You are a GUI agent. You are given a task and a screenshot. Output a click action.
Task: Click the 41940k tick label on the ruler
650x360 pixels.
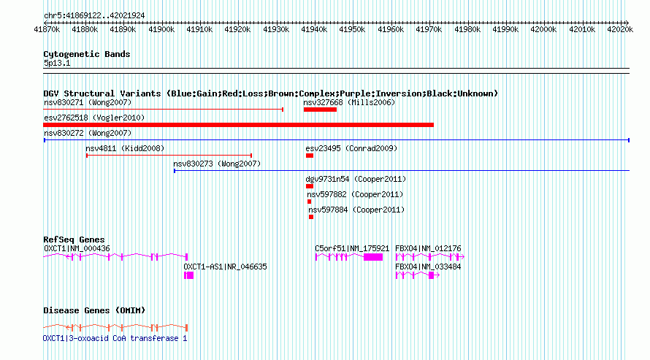(x=314, y=29)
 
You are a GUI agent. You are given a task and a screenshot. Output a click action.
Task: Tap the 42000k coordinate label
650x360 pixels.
(x=543, y=29)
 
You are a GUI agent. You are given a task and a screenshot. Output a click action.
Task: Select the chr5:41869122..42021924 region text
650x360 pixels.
(x=94, y=16)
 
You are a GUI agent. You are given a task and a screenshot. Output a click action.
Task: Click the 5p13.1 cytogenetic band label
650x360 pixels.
(x=57, y=63)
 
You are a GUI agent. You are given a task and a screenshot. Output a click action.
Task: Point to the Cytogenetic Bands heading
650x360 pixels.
(x=87, y=54)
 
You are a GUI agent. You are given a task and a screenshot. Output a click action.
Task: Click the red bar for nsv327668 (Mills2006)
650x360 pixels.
(x=320, y=110)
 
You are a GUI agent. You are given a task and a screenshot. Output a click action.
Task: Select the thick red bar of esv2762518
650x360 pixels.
(x=238, y=125)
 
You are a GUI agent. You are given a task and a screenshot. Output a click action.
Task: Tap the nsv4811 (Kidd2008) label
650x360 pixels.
(x=125, y=148)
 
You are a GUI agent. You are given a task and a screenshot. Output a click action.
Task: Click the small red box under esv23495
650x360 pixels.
(x=310, y=156)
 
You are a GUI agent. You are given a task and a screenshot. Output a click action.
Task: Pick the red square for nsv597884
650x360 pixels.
(x=311, y=217)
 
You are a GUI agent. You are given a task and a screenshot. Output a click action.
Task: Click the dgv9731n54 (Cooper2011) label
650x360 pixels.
(x=356, y=179)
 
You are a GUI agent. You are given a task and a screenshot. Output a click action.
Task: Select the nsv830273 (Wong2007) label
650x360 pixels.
(x=217, y=164)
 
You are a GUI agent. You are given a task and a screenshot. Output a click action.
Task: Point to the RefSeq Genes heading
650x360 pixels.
(x=74, y=240)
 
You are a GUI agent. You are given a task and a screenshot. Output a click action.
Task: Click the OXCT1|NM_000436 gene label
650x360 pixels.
(x=77, y=248)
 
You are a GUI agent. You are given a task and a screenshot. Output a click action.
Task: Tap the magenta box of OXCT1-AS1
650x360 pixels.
(x=188, y=275)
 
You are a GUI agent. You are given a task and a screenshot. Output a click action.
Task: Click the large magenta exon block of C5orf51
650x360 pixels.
(x=373, y=257)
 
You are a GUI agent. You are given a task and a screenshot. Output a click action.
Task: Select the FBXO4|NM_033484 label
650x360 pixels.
(x=428, y=267)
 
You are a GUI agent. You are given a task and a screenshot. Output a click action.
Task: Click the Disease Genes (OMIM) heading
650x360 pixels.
(x=94, y=310)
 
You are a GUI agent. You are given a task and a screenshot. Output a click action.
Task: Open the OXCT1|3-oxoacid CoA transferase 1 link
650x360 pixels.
(x=115, y=338)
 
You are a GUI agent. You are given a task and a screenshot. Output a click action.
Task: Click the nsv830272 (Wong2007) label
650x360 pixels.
(x=88, y=133)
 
